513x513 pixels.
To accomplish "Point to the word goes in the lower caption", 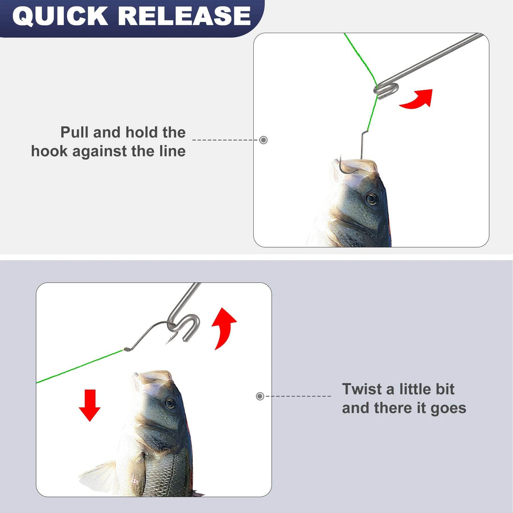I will pyautogui.click(x=448, y=408).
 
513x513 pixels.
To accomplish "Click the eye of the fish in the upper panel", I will pyautogui.click(x=371, y=199).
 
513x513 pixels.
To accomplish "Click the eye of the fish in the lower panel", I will pyautogui.click(x=170, y=403).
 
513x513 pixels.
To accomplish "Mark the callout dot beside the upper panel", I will pyautogui.click(x=263, y=140).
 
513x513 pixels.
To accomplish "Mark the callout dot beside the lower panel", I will pyautogui.click(x=260, y=396).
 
